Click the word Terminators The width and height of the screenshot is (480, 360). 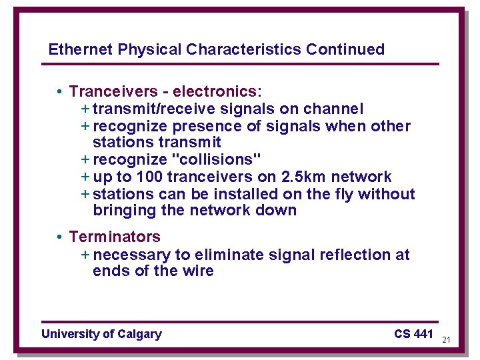coord(115,237)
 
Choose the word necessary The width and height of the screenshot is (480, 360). coord(132,255)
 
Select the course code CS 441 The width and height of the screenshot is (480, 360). coord(413,333)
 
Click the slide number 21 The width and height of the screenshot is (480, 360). coord(446,340)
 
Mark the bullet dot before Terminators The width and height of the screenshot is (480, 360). coord(59,237)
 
